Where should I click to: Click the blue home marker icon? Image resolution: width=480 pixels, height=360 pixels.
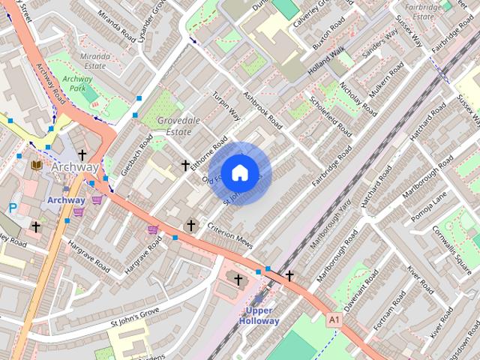tap(239, 173)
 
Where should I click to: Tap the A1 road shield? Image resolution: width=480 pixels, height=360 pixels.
tap(334, 319)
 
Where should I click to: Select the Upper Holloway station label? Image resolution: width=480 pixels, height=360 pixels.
tap(259, 316)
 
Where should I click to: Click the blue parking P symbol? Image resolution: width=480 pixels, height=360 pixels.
tap(13, 208)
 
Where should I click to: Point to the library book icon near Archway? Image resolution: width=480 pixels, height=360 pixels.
tap(36, 165)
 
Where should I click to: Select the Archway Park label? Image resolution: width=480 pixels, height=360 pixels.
tap(77, 82)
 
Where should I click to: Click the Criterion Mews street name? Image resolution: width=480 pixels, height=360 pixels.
tap(231, 235)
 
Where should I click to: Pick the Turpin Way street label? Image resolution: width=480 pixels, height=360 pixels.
tap(226, 106)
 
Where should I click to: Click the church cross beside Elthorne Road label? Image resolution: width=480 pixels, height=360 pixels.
tap(185, 164)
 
